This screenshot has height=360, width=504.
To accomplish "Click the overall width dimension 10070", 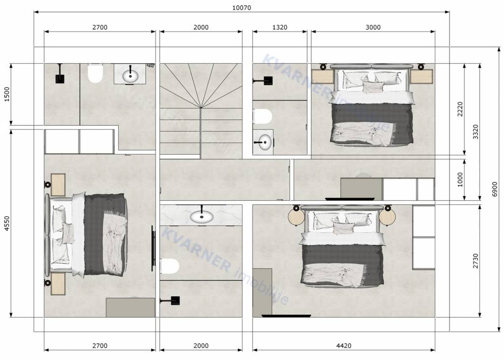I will point(241,8).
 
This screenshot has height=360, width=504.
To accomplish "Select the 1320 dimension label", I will point(280,27).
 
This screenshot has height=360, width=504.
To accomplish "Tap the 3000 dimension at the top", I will point(373,27).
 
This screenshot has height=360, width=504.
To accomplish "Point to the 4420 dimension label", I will point(344,346).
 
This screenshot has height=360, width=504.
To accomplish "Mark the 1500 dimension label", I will point(6,95).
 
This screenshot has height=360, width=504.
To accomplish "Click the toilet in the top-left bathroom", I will point(96,74).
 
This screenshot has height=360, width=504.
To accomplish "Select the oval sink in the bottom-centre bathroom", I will point(202,217).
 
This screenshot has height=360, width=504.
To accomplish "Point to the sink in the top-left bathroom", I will point(130,76).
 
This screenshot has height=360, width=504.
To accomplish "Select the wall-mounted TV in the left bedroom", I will point(153,249).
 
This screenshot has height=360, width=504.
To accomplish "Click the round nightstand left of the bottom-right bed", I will point(296,217).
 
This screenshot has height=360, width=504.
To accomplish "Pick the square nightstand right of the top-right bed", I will point(421,77).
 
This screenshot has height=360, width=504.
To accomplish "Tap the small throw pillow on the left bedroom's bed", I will point(68,231).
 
